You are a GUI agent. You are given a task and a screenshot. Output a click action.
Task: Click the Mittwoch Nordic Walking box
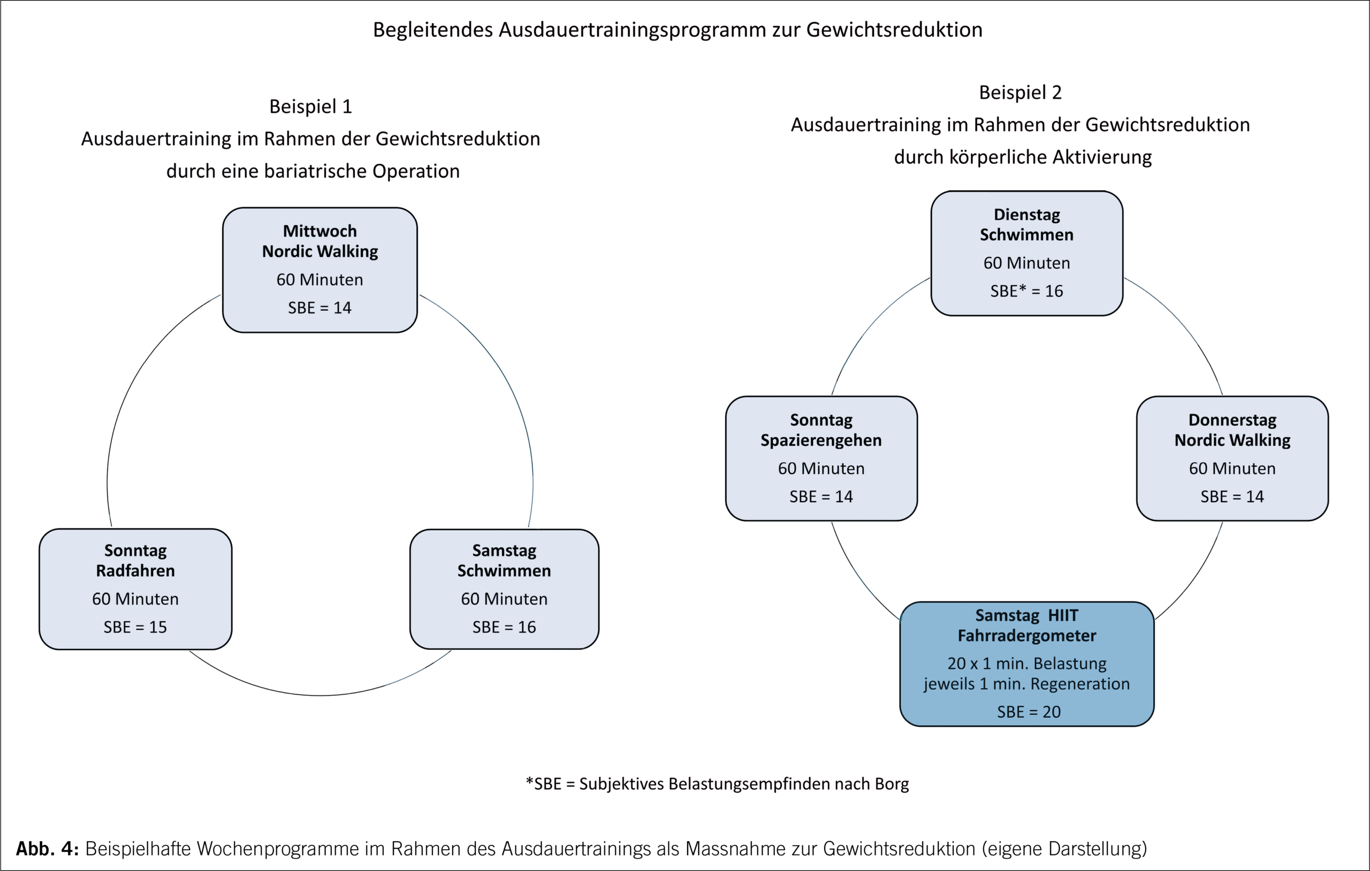[319, 270]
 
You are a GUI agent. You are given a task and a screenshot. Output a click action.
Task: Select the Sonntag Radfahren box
[135, 589]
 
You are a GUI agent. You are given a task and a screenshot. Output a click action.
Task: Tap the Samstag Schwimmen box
[504, 589]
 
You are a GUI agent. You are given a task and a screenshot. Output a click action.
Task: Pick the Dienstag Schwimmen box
[1026, 253]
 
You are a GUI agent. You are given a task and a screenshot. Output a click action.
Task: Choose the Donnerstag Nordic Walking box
[1232, 458]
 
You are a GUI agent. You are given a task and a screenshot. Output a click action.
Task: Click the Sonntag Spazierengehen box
[821, 458]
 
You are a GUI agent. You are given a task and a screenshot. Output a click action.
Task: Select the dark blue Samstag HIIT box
[1026, 663]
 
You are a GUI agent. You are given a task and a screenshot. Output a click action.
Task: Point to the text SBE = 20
[1029, 712]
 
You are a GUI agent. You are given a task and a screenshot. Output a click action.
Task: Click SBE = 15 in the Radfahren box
[135, 627]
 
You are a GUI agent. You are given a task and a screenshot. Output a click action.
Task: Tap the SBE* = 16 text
[1026, 291]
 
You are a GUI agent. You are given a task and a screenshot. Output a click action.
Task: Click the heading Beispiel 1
[310, 106]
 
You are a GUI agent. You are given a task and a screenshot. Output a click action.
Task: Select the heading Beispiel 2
[1020, 92]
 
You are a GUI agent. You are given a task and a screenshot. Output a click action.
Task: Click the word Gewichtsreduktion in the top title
[894, 29]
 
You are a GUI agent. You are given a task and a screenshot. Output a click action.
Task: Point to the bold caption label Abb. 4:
[47, 848]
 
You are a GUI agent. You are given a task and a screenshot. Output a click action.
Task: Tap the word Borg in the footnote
[892, 783]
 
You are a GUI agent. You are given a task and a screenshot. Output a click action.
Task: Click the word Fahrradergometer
[1026, 636]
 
